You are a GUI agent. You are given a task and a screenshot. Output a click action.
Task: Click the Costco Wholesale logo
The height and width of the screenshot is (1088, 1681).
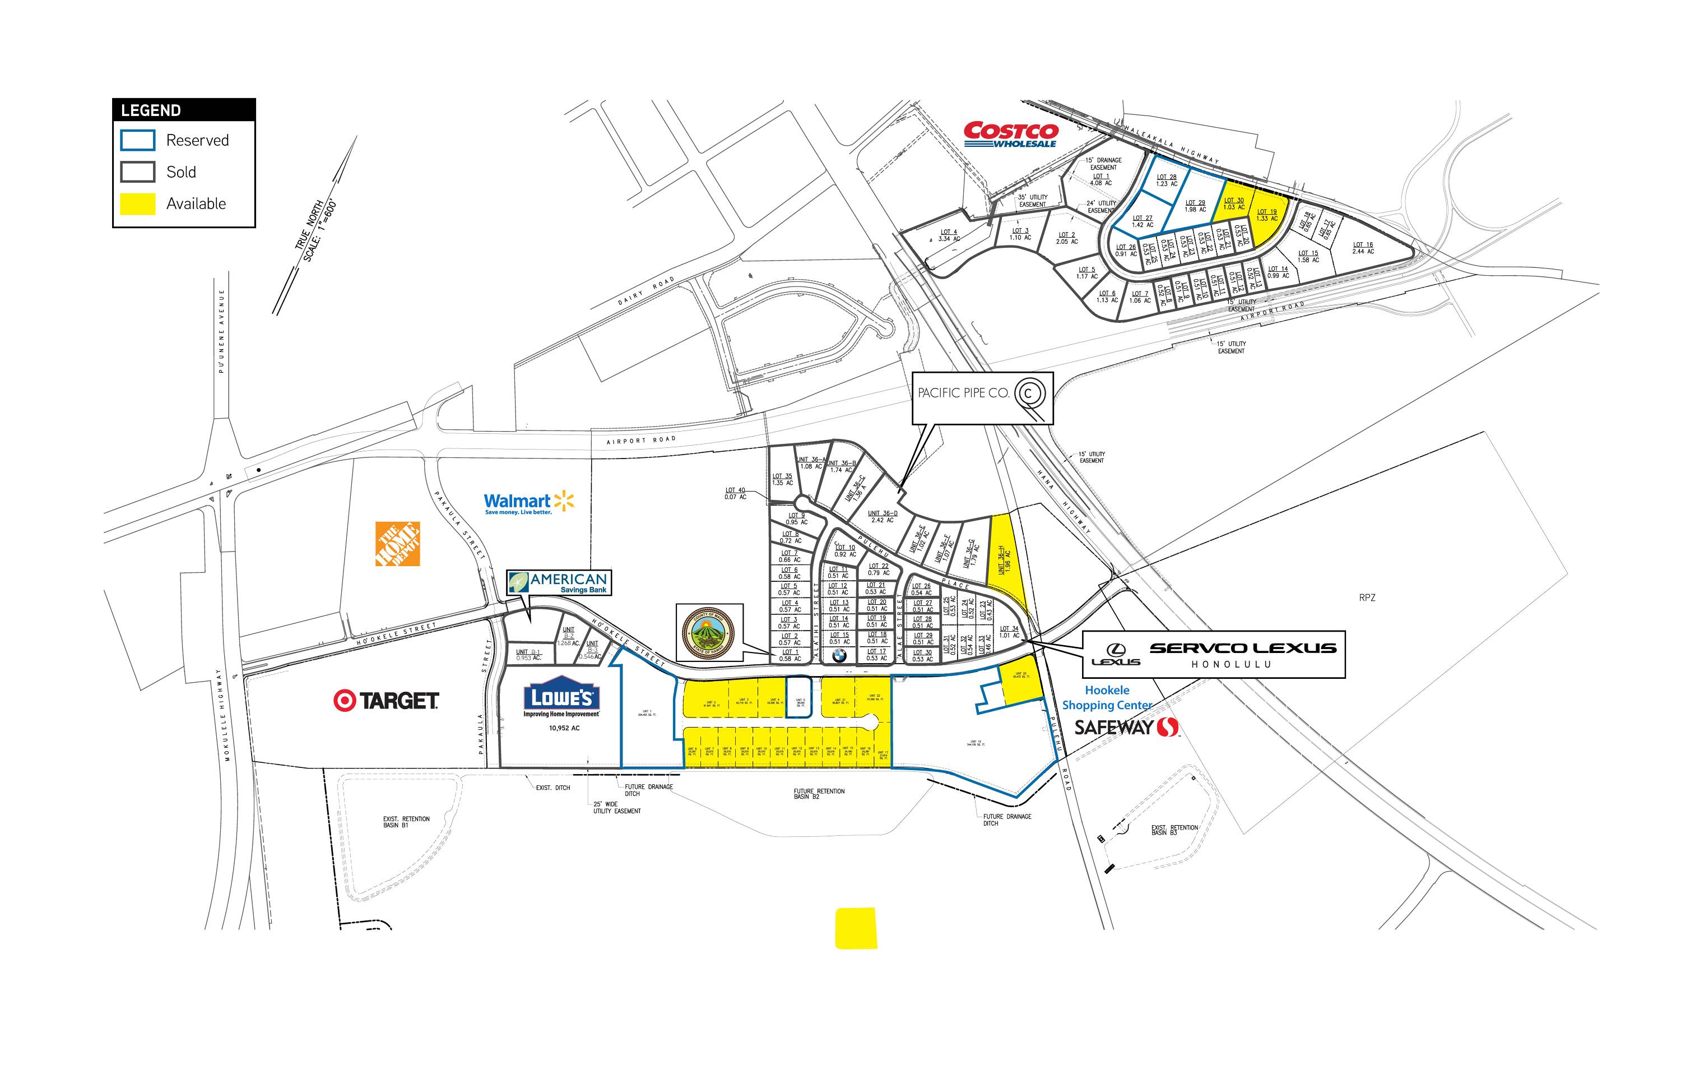tap(1011, 134)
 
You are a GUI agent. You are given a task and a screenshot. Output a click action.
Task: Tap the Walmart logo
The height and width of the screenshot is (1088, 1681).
tap(528, 502)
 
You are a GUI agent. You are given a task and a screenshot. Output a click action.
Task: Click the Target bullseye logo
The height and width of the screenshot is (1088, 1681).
tap(344, 700)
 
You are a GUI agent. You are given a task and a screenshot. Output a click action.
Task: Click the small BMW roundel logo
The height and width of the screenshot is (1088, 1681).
tap(839, 655)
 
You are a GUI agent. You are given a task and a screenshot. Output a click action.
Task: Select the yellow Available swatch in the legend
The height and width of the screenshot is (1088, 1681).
tap(138, 203)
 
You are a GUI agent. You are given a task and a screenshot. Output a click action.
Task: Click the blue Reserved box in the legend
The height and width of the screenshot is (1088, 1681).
tap(138, 140)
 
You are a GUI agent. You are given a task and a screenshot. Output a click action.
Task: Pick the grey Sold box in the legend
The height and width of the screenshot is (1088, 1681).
tap(138, 172)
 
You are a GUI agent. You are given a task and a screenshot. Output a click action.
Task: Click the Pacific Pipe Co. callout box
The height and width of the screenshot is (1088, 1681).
tap(982, 398)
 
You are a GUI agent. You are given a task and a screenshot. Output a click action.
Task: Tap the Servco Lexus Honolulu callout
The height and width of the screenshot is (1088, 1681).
tap(1214, 654)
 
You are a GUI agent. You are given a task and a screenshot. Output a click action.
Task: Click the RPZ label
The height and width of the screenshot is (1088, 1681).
tap(1367, 598)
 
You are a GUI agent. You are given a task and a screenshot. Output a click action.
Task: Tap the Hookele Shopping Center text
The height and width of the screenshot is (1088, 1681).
tap(1107, 697)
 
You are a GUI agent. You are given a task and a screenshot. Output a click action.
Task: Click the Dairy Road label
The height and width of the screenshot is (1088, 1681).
tap(646, 291)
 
